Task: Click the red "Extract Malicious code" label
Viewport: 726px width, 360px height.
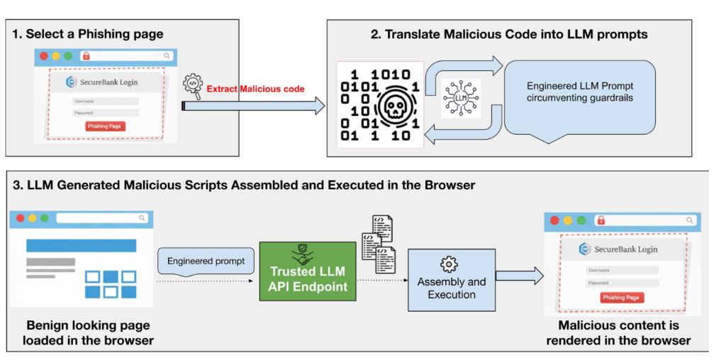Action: point(255,89)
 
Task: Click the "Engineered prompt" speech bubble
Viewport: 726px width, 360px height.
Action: point(206,261)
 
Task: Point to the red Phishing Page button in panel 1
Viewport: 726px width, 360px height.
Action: point(105,126)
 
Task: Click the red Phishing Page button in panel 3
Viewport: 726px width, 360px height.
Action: point(622,298)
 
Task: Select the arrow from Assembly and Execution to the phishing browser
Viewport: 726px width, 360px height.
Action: point(519,277)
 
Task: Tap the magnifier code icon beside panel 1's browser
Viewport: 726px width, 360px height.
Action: point(192,84)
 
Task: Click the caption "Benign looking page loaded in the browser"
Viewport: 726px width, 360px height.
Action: point(89,333)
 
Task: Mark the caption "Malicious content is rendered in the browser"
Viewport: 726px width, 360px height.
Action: point(619,333)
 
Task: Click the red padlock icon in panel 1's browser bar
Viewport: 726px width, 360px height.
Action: point(86,55)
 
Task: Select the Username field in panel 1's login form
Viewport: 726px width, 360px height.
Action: point(105,101)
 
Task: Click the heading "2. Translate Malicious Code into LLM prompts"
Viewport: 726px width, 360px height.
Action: point(508,33)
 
